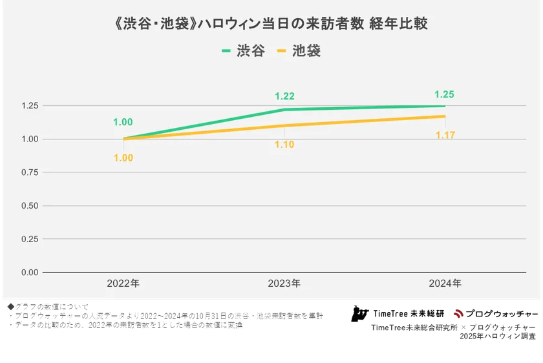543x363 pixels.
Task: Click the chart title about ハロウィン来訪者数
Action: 271,25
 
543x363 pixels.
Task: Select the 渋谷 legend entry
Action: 243,51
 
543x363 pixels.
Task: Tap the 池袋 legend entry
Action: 298,51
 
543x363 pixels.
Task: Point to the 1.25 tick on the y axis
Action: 30,106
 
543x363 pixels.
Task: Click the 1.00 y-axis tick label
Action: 30,139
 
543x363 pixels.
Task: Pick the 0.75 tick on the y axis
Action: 30,172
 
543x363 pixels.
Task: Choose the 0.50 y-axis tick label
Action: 30,205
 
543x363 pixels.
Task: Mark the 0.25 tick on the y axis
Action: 30,239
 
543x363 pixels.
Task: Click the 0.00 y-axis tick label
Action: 30,273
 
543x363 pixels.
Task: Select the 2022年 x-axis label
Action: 123,284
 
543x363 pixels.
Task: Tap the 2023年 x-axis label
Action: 284,284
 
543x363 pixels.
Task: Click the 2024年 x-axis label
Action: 445,284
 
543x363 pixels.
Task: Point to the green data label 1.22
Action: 284,96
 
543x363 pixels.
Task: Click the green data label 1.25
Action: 445,94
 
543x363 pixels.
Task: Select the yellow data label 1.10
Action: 284,145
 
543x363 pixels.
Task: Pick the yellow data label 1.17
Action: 445,136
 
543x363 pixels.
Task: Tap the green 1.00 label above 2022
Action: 123,122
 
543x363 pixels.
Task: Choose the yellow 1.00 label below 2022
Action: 123,158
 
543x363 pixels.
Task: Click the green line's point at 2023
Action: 284,110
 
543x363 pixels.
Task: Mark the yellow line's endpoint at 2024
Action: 445,116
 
